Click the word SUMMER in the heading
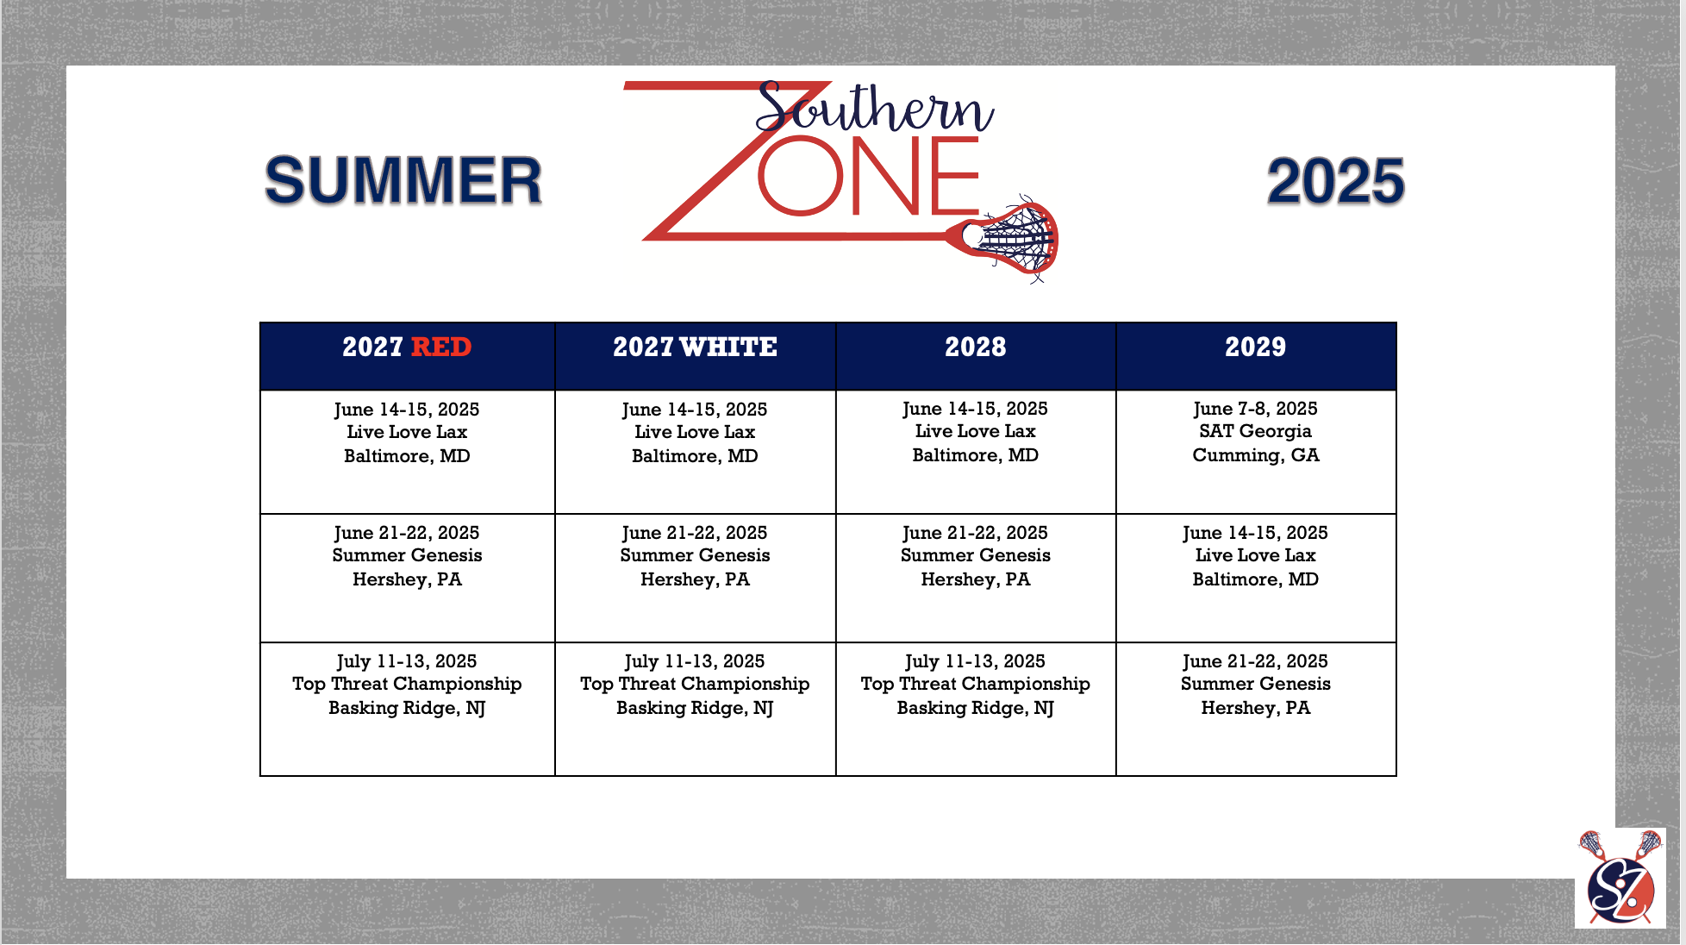coord(403,181)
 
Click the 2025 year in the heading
coord(1335,181)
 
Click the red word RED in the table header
coord(441,347)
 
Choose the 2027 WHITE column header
coord(695,347)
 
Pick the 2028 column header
coord(975,347)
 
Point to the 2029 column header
coord(1255,347)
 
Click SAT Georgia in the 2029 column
coord(1255,431)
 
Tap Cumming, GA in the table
coord(1255,455)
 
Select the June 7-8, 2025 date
coord(1255,409)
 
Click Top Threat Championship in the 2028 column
coord(975,684)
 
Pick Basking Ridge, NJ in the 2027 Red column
coord(407,708)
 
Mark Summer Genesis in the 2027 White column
coord(695,555)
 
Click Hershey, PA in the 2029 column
coord(1255,708)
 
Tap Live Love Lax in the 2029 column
coord(1255,555)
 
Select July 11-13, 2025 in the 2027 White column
coord(695,661)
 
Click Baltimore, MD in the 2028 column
coord(975,455)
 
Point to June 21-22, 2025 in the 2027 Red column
coord(407,533)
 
